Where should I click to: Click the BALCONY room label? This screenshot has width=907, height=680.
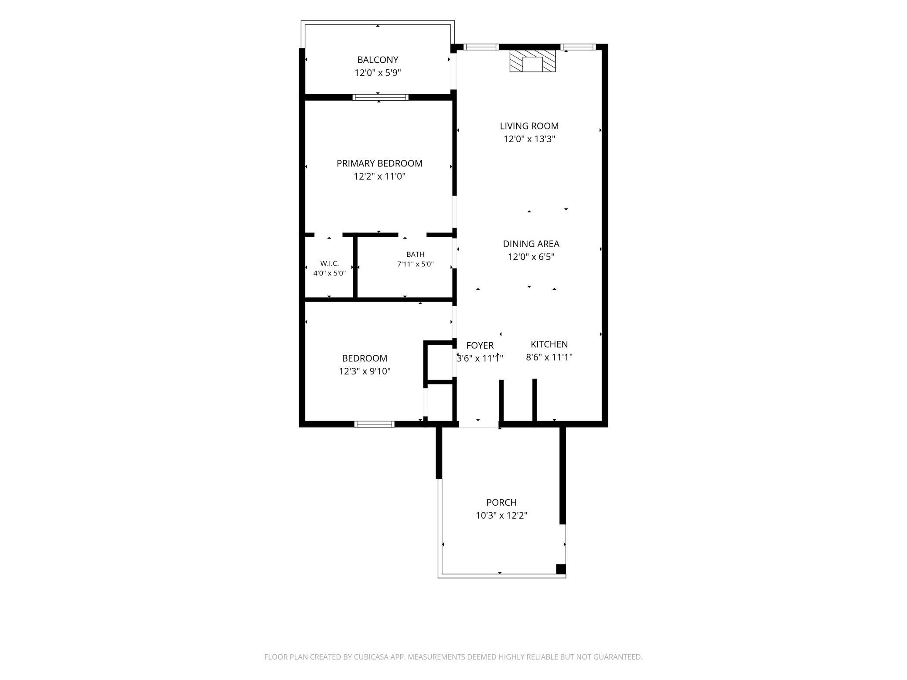[x=378, y=60]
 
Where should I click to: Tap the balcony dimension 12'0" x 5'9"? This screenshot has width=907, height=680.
[x=378, y=73]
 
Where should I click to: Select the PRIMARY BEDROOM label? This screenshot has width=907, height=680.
[x=379, y=163]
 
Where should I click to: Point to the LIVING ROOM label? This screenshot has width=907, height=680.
[x=529, y=126]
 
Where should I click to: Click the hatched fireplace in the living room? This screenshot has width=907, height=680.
[x=533, y=61]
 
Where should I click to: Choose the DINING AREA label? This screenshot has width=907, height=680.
[x=531, y=244]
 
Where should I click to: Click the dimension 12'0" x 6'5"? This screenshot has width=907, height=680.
[x=531, y=257]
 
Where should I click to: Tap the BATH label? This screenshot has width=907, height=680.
[x=415, y=254]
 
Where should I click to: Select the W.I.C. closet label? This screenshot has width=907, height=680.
[x=330, y=264]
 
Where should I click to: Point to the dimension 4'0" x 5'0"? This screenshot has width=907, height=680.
[x=330, y=273]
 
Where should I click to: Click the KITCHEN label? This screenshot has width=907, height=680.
[x=549, y=344]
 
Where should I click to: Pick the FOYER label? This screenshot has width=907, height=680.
[x=480, y=345]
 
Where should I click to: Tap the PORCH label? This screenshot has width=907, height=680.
[x=501, y=502]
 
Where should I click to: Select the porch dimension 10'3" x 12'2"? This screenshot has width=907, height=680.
[x=501, y=516]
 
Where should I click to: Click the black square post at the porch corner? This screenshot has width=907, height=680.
[x=561, y=569]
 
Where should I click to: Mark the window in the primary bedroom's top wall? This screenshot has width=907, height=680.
[x=381, y=97]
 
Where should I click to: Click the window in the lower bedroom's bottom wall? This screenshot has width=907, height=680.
[x=375, y=424]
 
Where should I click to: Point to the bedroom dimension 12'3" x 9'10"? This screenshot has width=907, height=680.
[x=365, y=371]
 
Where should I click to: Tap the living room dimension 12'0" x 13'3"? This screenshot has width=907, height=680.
[x=529, y=139]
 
